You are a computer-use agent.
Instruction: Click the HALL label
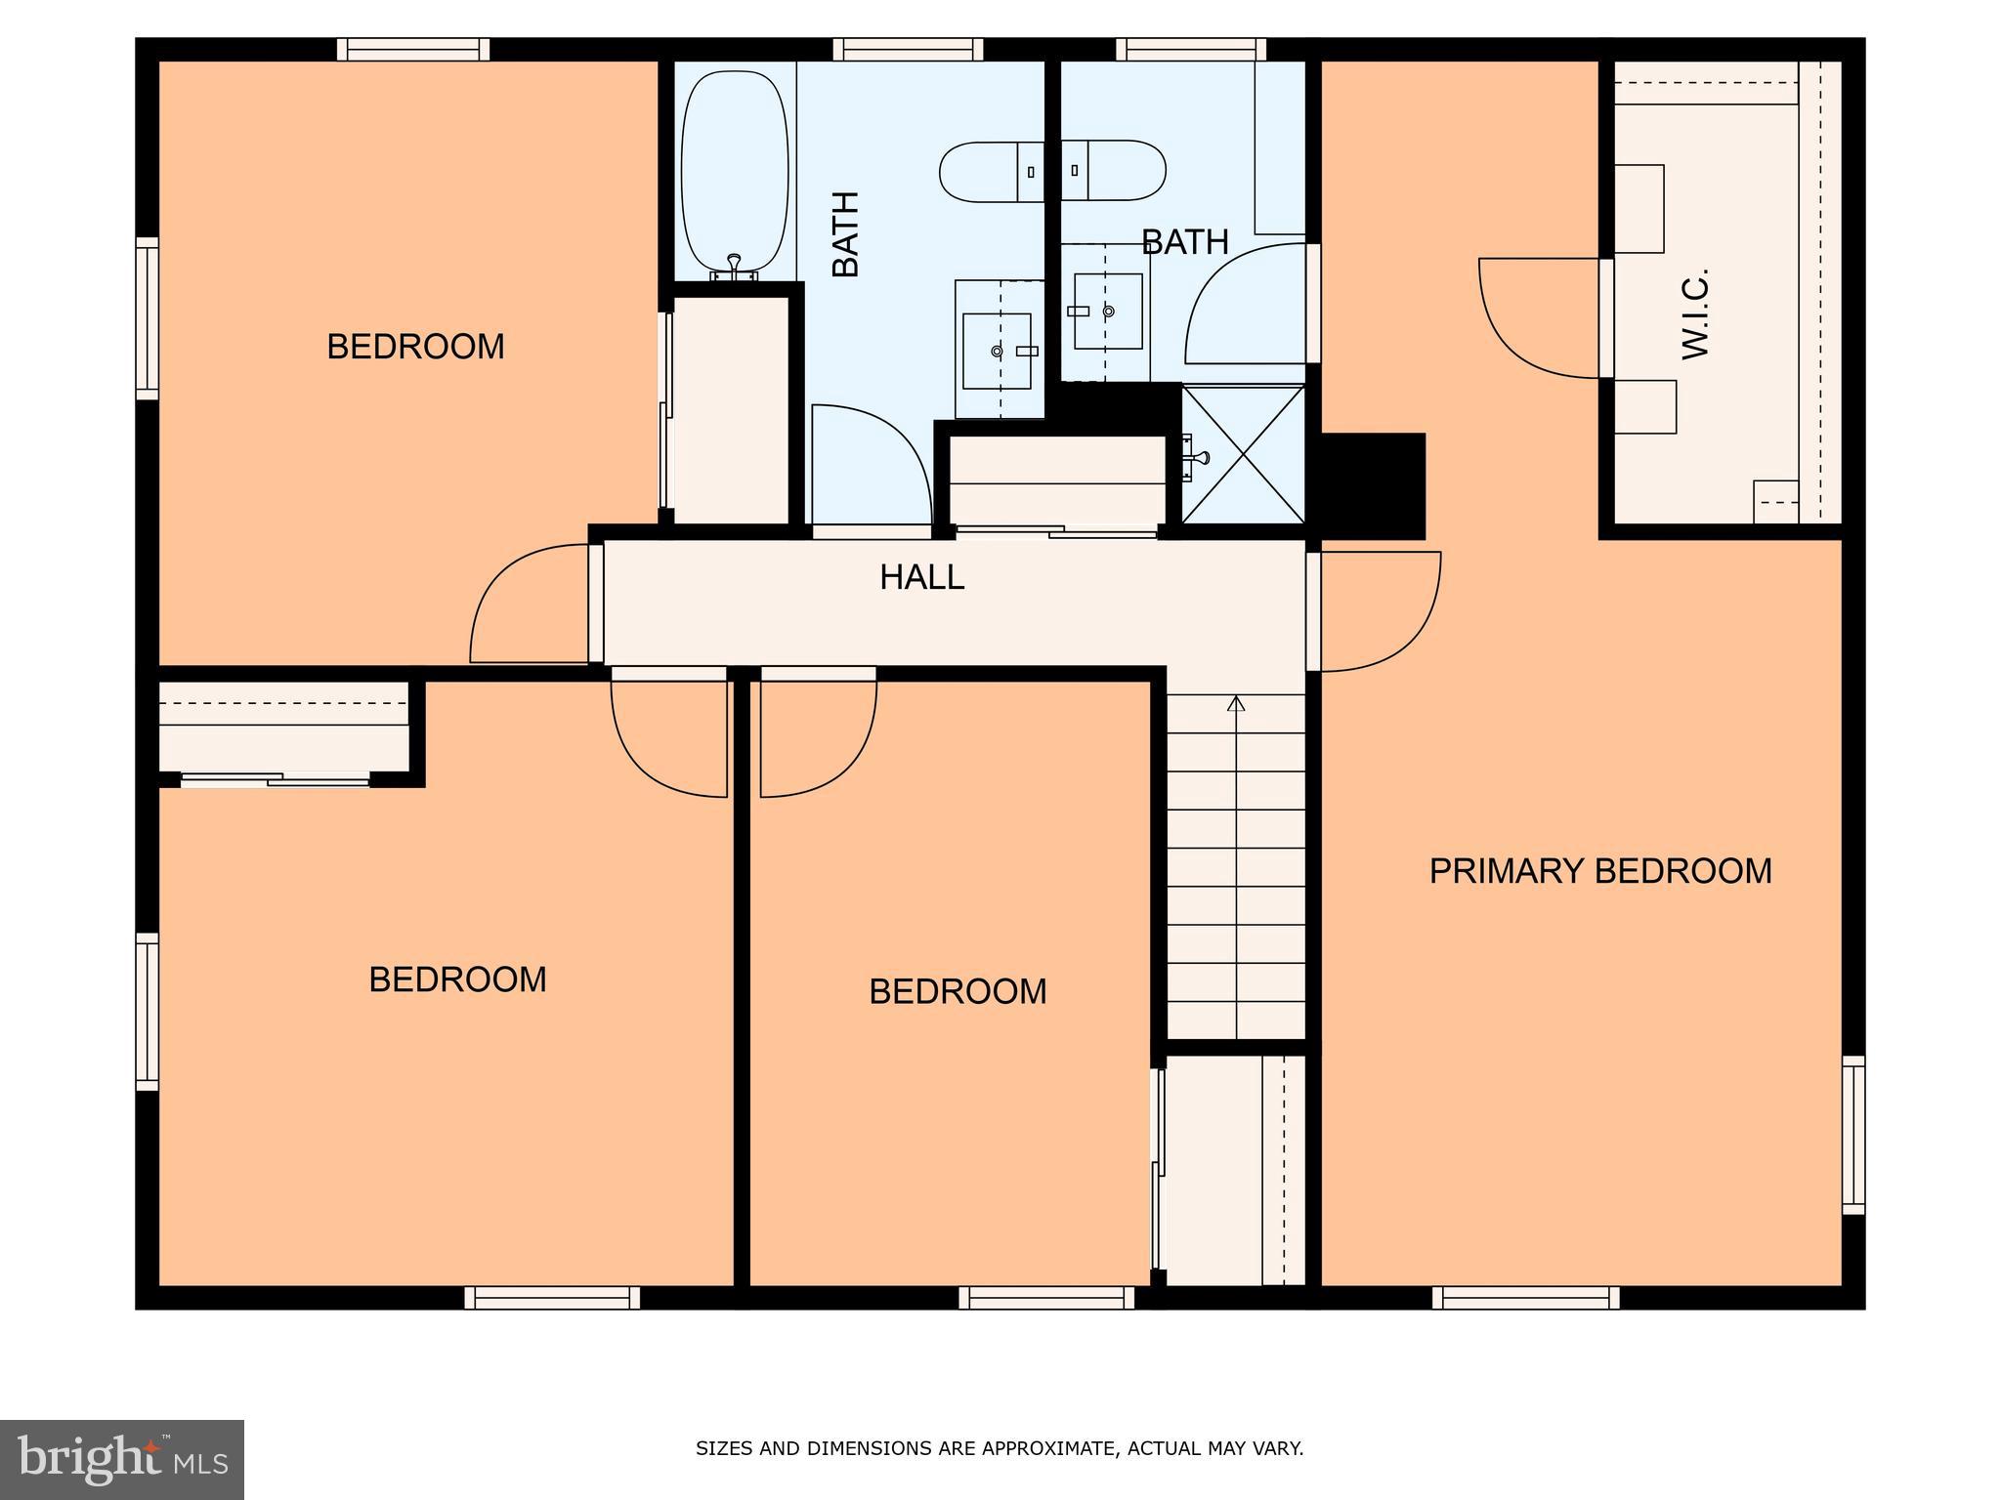pyautogui.click(x=921, y=577)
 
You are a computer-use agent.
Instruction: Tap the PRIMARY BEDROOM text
pyautogui.click(x=1599, y=871)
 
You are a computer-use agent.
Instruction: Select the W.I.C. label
pyautogui.click(x=1695, y=313)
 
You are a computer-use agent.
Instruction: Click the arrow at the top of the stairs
pyautogui.click(x=1236, y=702)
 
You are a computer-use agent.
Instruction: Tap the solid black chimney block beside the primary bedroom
pyautogui.click(x=1373, y=485)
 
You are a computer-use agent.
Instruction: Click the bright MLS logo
pyautogui.click(x=121, y=1459)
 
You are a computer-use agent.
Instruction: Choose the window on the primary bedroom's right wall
pyautogui.click(x=1852, y=1135)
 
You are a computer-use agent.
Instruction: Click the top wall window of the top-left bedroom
pyautogui.click(x=414, y=49)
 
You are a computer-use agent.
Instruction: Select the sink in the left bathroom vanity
pyautogui.click(x=997, y=351)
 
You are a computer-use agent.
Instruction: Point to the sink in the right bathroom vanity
pyautogui.click(x=1107, y=312)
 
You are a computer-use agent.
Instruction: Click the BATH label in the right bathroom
pyautogui.click(x=1184, y=242)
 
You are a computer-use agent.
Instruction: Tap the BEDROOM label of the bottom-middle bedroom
pyautogui.click(x=957, y=992)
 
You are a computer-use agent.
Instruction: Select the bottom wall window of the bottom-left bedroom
pyautogui.click(x=552, y=1297)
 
